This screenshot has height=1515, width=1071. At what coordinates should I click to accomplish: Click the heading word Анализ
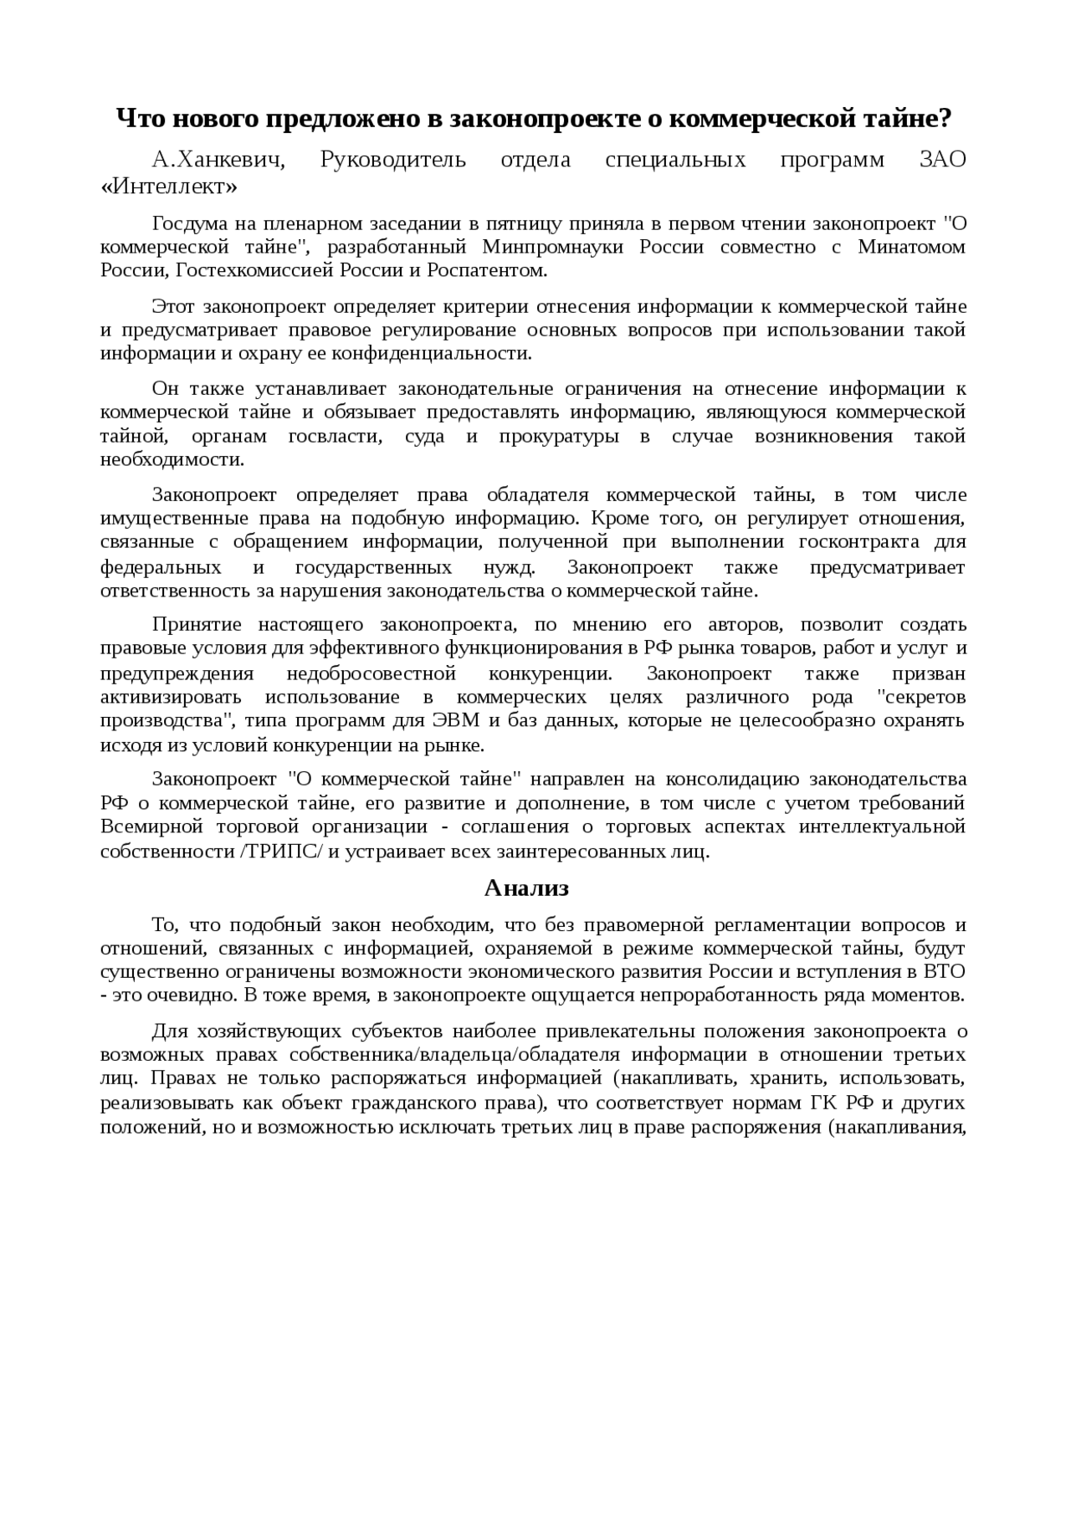click(x=527, y=888)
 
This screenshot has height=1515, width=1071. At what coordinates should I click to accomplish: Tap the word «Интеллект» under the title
click(x=169, y=187)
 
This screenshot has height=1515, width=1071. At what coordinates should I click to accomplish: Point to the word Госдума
click(x=188, y=224)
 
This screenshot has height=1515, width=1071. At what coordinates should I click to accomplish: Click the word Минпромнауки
click(x=555, y=248)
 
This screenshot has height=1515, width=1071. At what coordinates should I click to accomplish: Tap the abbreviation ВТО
click(x=944, y=972)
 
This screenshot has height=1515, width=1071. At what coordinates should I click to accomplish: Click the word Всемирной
click(x=152, y=827)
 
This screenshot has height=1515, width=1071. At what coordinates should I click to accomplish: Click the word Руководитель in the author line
click(x=393, y=160)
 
